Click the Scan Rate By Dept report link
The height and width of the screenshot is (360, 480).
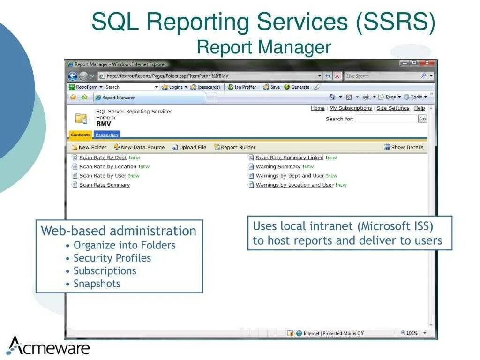click(x=103, y=158)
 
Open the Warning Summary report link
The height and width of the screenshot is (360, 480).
click(x=278, y=167)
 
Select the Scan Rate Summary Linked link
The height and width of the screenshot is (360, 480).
click(x=289, y=158)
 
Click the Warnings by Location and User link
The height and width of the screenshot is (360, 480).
click(x=294, y=185)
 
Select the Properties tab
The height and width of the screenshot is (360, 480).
click(x=107, y=135)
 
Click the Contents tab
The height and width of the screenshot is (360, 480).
click(x=81, y=135)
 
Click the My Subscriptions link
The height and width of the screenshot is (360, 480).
click(x=351, y=108)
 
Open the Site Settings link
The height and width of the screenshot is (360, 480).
click(x=393, y=108)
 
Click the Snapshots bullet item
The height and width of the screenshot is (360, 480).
click(x=97, y=284)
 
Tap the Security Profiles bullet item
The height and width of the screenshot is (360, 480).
click(x=112, y=258)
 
